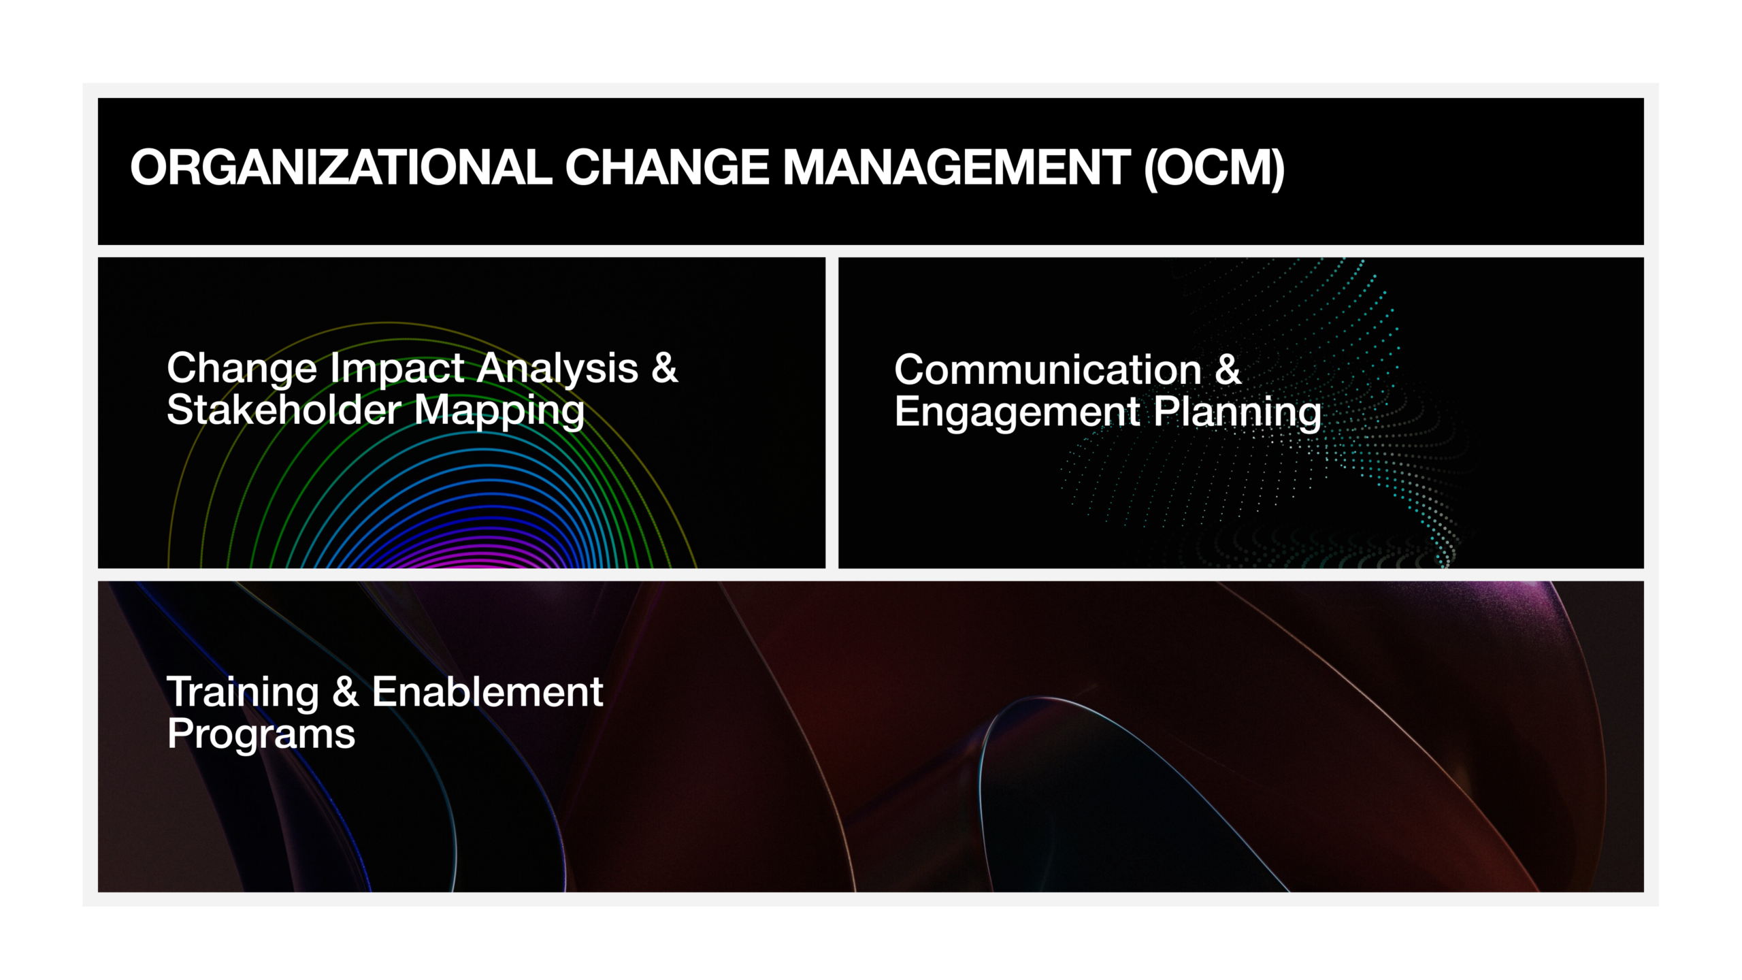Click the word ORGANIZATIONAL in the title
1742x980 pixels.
coord(341,167)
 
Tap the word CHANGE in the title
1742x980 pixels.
coord(667,167)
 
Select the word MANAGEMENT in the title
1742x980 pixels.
coord(957,167)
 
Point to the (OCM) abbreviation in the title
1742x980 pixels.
coord(1214,168)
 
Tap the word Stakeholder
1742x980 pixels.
coord(284,410)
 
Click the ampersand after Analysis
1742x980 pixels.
coord(665,368)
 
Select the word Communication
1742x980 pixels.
coord(1048,370)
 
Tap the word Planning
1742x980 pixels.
coord(1238,414)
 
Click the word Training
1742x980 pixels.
coord(243,694)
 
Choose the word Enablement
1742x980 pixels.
coord(487,692)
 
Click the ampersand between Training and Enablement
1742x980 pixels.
coord(346,692)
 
